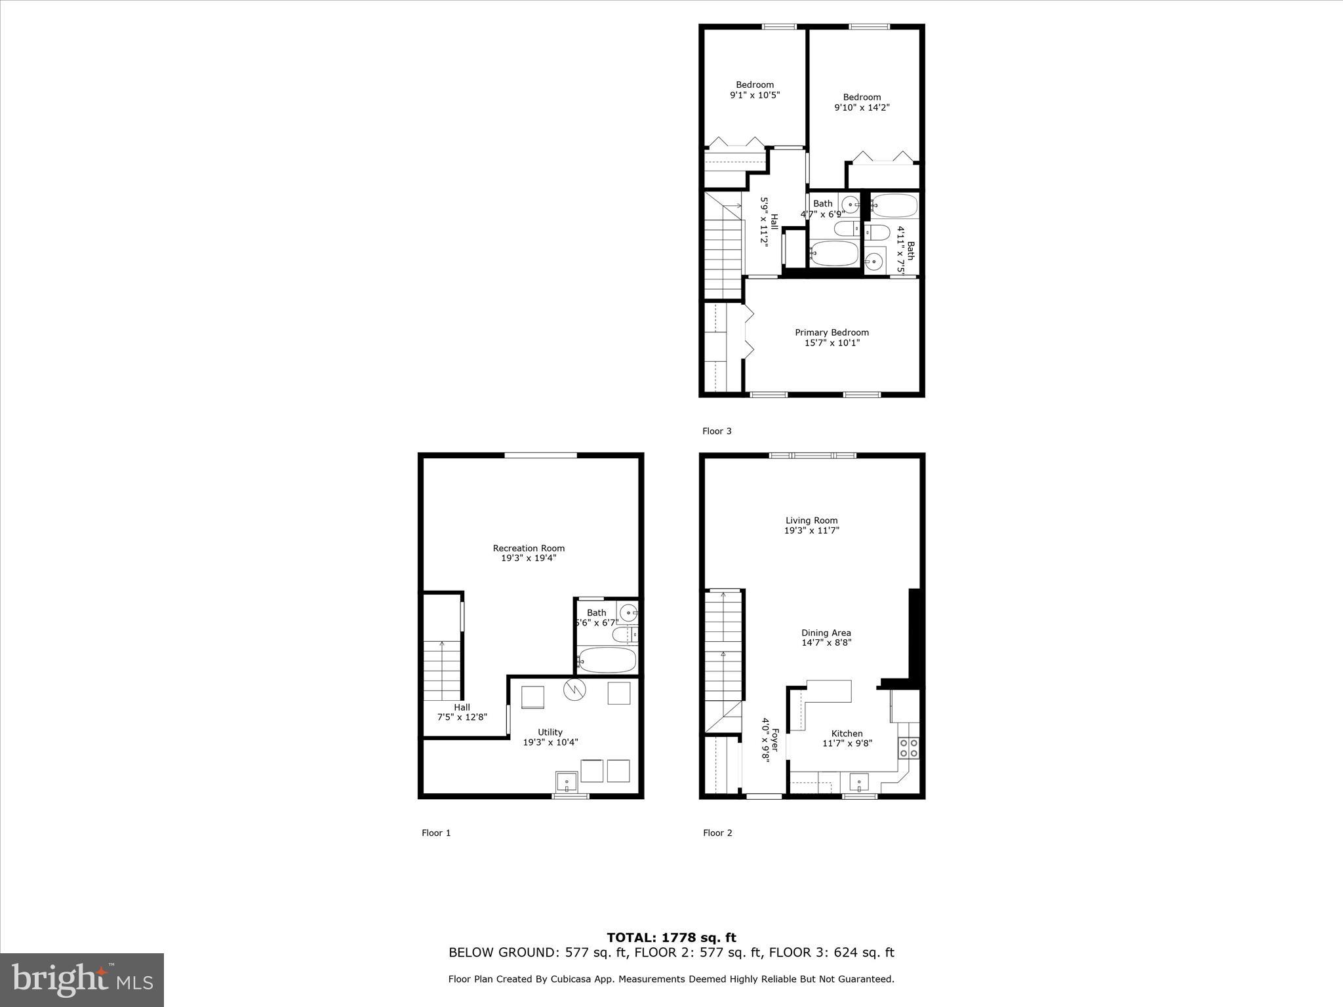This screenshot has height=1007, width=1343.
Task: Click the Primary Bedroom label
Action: (x=832, y=333)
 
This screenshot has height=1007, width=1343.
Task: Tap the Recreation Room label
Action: (x=529, y=548)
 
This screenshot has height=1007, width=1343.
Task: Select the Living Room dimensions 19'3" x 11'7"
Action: (x=811, y=531)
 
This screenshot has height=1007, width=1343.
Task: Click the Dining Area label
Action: (x=826, y=633)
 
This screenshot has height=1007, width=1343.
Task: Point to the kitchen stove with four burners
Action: (x=908, y=748)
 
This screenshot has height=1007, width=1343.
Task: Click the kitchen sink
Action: (x=858, y=782)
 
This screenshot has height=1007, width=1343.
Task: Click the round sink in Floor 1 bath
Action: (x=628, y=614)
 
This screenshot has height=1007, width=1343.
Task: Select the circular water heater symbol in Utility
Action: (x=574, y=690)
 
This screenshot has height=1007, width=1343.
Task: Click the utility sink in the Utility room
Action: (x=566, y=782)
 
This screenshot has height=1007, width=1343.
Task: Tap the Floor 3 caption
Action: (x=717, y=431)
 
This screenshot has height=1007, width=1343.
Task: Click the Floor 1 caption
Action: (x=436, y=833)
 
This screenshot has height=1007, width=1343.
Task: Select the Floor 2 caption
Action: (x=717, y=833)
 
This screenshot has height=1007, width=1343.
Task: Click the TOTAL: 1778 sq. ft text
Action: (x=671, y=938)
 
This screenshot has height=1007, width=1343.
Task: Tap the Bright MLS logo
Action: (x=82, y=980)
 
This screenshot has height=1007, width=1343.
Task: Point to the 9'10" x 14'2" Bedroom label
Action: (x=862, y=102)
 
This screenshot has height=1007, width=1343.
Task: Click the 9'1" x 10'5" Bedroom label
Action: (x=755, y=90)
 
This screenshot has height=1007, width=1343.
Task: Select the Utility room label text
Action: (x=550, y=732)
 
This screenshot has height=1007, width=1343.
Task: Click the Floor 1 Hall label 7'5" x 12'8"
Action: (x=462, y=713)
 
